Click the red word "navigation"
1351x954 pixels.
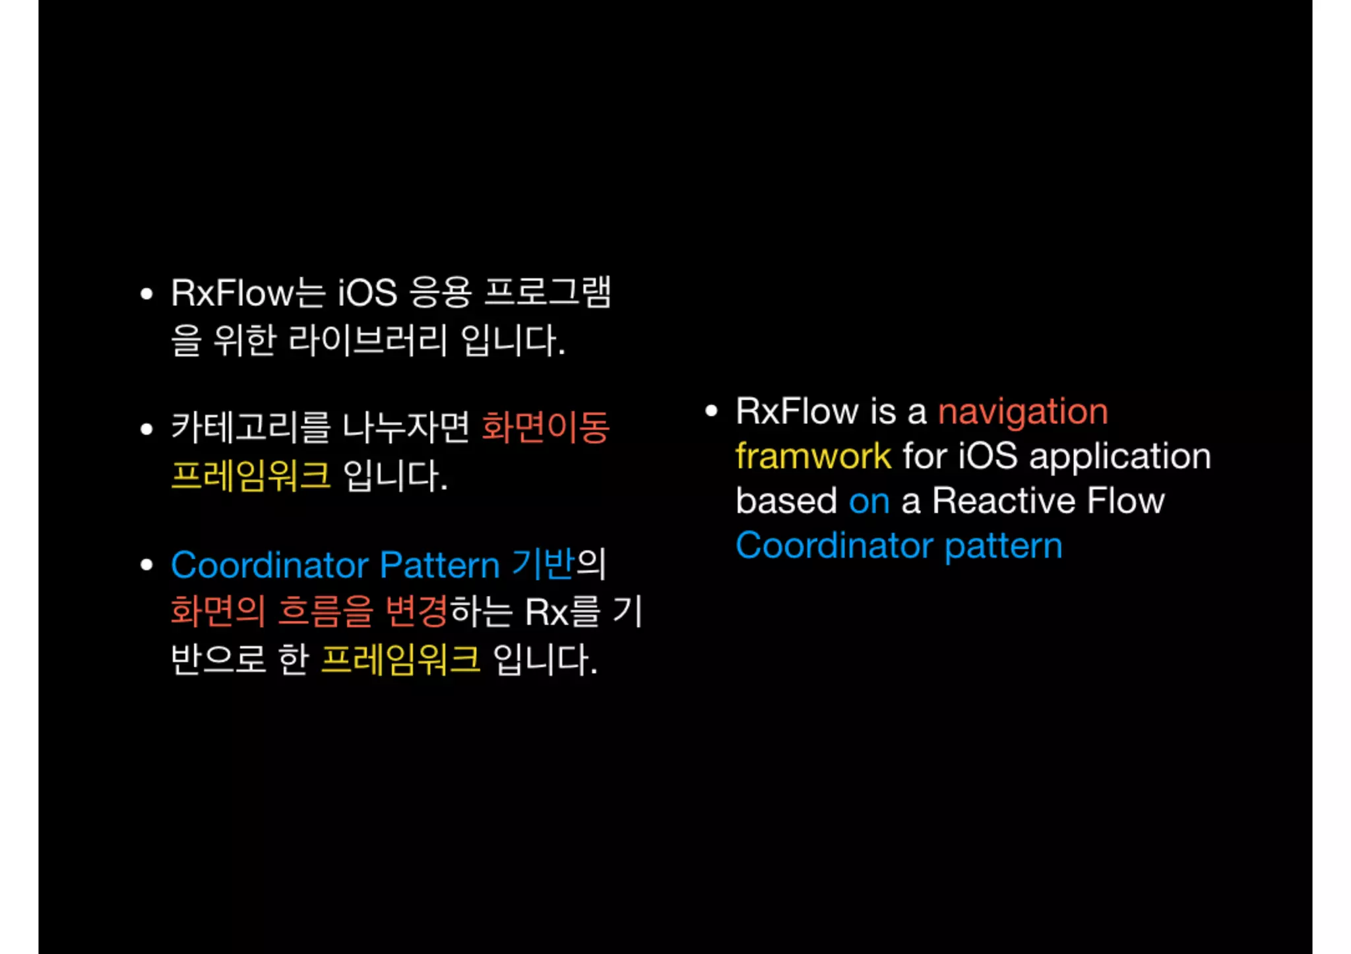pyautogui.click(x=1022, y=413)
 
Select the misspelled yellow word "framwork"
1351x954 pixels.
pyautogui.click(x=813, y=456)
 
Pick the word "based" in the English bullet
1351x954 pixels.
pyautogui.click(x=786, y=501)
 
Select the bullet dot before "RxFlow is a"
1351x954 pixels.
pyautogui.click(x=710, y=411)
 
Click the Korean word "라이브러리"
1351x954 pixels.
pyautogui.click(x=368, y=341)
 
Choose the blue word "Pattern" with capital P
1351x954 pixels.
pyautogui.click(x=439, y=566)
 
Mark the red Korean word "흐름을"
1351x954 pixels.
pyautogui.click(x=325, y=611)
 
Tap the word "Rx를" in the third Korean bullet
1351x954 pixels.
pyautogui.click(x=563, y=612)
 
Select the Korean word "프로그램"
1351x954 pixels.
pyautogui.click(x=548, y=293)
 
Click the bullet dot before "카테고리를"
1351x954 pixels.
pyautogui.click(x=146, y=430)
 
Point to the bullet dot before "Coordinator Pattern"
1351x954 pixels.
pyautogui.click(x=146, y=565)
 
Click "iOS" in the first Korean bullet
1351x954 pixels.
pyautogui.click(x=367, y=293)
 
